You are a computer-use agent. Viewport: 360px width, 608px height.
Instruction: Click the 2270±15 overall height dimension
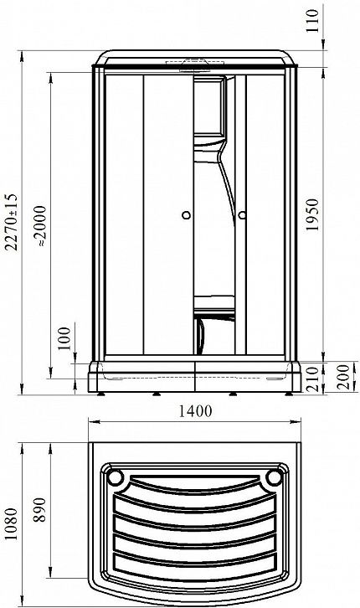click(x=12, y=222)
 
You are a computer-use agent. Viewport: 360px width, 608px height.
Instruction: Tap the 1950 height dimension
click(x=311, y=214)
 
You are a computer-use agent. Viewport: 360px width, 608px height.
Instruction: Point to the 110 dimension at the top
click(x=312, y=21)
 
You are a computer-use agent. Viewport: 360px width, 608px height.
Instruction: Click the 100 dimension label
click(x=64, y=338)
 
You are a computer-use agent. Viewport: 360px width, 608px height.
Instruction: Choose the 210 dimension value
click(x=312, y=379)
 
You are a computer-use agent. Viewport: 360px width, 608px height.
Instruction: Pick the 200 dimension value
click(x=343, y=377)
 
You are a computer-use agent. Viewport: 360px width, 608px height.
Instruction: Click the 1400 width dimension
click(x=195, y=411)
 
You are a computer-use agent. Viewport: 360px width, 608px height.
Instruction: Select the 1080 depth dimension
click(x=12, y=524)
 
